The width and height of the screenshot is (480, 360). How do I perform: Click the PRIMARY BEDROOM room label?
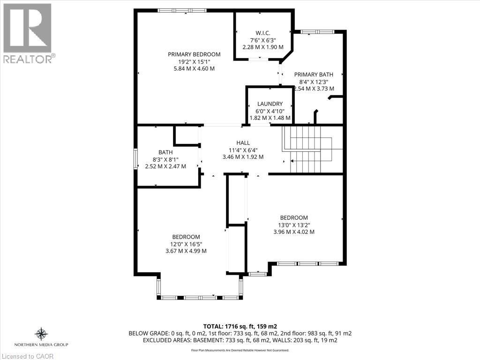tap(194, 54)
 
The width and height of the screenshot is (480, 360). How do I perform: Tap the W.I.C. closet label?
tap(262, 32)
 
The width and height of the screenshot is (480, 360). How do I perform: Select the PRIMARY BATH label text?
tap(314, 74)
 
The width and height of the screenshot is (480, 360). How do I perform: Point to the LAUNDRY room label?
tap(270, 104)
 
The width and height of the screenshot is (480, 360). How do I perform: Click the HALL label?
tap(243, 142)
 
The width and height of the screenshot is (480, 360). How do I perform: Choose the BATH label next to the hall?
tap(165, 152)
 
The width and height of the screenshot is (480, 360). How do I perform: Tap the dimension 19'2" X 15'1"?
tap(194, 61)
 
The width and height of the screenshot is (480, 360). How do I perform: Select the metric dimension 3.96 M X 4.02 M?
tap(294, 232)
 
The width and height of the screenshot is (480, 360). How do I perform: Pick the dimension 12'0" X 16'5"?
tap(186, 244)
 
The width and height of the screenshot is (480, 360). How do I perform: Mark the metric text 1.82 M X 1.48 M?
tap(270, 118)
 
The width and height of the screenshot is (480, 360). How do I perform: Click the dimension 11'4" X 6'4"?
tap(243, 150)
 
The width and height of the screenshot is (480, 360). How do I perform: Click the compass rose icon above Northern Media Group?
tap(41, 334)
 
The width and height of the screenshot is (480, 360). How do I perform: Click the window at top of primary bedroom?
tap(182, 10)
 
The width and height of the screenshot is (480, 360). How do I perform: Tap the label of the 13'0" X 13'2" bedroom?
tap(294, 217)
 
